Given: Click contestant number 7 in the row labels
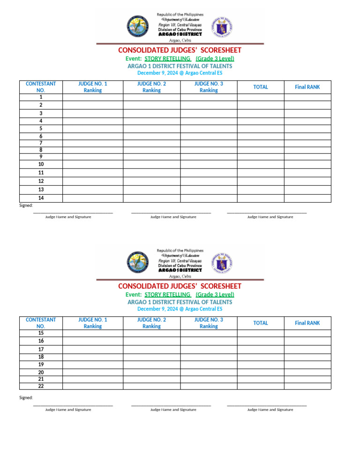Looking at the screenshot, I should point(41,143).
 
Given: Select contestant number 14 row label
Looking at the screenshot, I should point(41,198).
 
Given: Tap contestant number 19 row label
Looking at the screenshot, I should point(41,364).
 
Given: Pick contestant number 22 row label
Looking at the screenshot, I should point(41,386).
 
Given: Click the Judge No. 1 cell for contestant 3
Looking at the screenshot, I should point(93,113).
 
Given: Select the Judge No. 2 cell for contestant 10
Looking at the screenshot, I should point(151,164).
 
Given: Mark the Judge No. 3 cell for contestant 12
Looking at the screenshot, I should point(209,181).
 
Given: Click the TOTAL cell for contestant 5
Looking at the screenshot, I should point(260,128).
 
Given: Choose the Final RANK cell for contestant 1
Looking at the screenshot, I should point(307,97).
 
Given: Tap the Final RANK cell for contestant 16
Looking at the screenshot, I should point(307,341).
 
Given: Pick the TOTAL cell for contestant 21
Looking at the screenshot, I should point(260,379).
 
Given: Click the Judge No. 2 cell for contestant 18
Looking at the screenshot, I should point(151,357).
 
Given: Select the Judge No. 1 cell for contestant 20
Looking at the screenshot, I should point(93,372).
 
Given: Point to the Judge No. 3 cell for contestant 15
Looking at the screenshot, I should point(209,333).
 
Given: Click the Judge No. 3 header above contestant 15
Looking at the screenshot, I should point(209,323).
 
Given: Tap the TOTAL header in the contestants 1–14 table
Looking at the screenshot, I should point(260,87).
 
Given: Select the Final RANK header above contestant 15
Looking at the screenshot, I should point(307,323).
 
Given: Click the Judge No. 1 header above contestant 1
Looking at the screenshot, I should point(93,87).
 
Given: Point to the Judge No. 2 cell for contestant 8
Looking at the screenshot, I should point(151,150).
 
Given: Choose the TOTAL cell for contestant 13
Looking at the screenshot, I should point(260,190).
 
